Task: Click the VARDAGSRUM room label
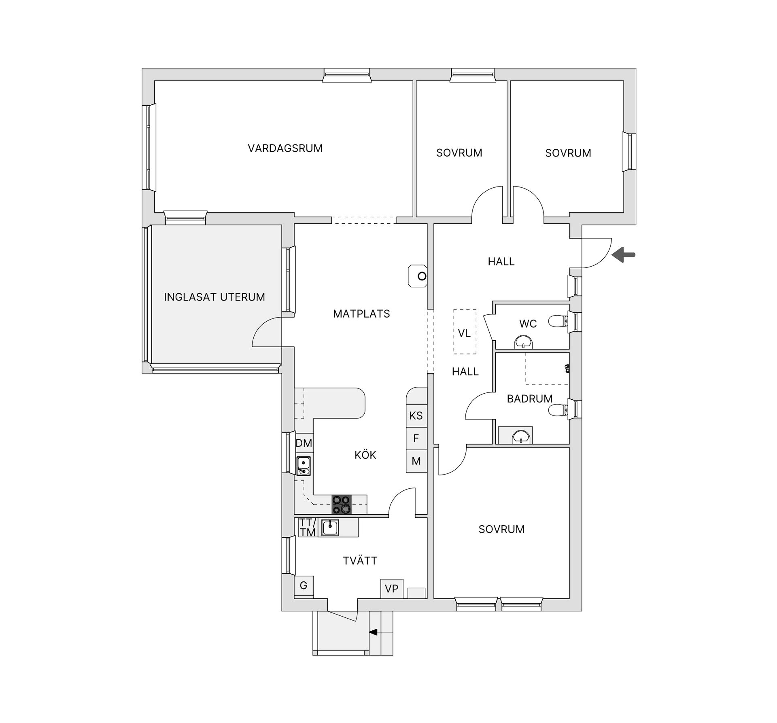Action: coord(285,148)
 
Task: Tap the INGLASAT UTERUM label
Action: coord(214,297)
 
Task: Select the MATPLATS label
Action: coord(361,314)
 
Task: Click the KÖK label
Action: coord(365,455)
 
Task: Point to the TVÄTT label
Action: coord(360,561)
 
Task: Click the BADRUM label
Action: coord(529,399)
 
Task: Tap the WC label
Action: coord(528,324)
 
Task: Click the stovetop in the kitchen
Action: coord(341,505)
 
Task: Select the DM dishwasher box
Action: coord(304,443)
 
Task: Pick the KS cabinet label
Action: coord(416,416)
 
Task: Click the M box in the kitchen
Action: coord(416,461)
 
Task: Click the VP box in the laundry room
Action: coord(391,589)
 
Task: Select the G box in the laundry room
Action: coord(304,585)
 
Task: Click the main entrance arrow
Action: coord(623,255)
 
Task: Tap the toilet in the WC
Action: coord(557,322)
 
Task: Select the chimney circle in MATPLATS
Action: coord(422,276)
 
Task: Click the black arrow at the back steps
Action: coord(373,632)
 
